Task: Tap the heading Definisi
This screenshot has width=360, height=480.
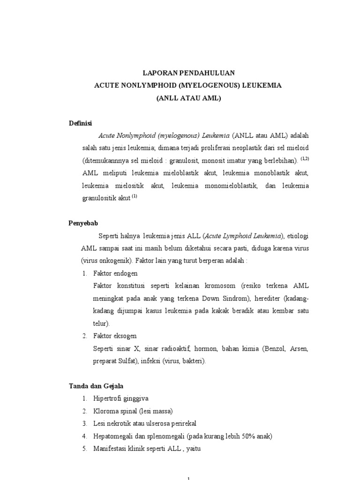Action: (x=81, y=123)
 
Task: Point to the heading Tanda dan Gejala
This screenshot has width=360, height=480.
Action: (x=96, y=386)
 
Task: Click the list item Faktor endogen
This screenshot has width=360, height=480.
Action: (x=115, y=273)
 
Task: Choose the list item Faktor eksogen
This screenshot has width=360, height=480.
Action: (x=115, y=336)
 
